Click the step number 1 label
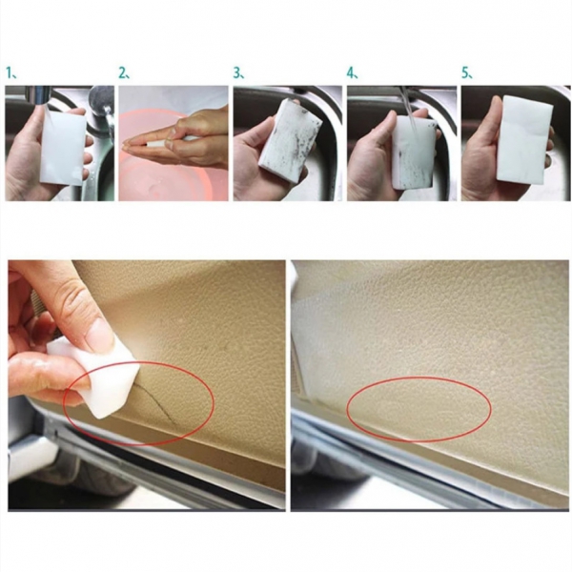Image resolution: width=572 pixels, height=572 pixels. pyautogui.click(x=10, y=72)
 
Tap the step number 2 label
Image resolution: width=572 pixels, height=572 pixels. pyautogui.click(x=124, y=72)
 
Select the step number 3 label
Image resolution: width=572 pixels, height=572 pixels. pyautogui.click(x=238, y=72)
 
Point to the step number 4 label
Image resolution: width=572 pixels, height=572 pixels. pyautogui.click(x=353, y=72)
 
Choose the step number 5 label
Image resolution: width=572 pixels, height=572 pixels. pyautogui.click(x=466, y=72)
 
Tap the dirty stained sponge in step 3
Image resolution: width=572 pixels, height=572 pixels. pyautogui.click(x=292, y=143)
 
